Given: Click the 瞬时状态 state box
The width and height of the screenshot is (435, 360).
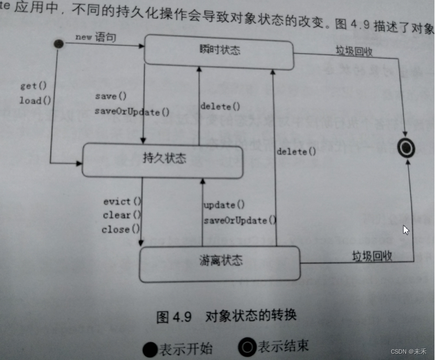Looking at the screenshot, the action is [219, 51].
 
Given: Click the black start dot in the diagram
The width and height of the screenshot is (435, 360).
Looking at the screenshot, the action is [59, 45].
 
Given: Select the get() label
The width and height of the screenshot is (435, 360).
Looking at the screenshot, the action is [34, 85].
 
